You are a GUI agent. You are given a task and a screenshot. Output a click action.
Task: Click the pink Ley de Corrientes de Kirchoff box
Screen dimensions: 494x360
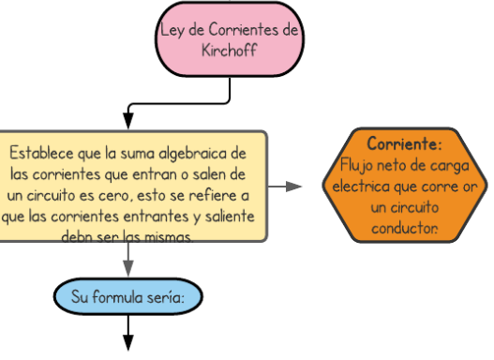(229, 39)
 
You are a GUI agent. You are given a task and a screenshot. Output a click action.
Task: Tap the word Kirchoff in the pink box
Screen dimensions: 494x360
(229, 50)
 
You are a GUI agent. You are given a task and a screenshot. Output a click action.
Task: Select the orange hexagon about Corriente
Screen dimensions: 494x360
(403, 185)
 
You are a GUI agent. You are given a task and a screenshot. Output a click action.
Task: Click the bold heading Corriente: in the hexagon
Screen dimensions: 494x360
(404, 144)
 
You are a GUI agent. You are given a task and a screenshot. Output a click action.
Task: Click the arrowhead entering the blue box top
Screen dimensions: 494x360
(129, 271)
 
